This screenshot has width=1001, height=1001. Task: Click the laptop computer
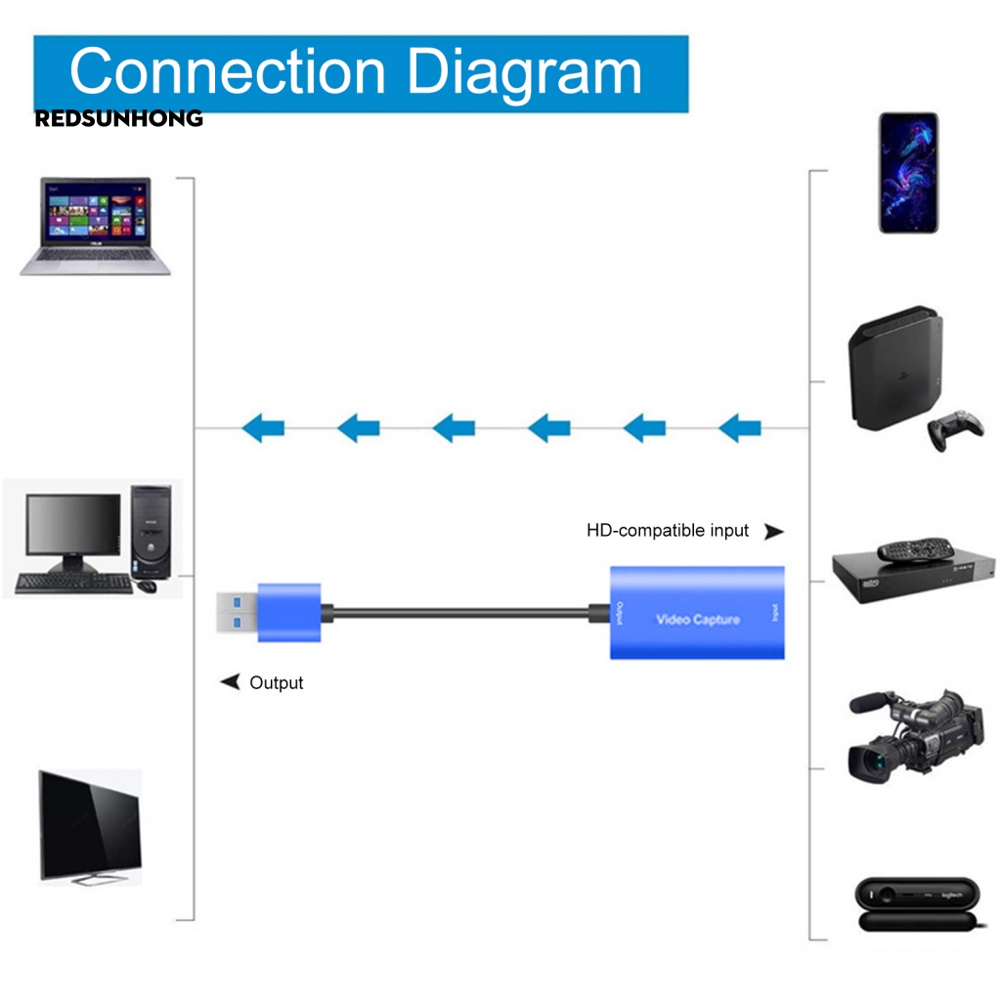[x=96, y=226]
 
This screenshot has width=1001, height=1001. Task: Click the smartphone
[x=908, y=172]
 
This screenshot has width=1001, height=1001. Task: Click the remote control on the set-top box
[x=913, y=548]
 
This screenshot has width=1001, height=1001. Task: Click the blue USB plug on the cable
[x=288, y=613]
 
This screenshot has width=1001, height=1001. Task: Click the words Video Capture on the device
[x=697, y=620]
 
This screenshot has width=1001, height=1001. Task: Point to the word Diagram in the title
[x=524, y=72]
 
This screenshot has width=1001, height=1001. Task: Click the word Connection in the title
[x=229, y=72]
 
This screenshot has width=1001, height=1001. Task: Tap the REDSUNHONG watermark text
[x=118, y=119]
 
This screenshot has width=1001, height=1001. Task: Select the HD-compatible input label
[x=668, y=531]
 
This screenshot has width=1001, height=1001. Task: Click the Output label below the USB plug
[x=277, y=682]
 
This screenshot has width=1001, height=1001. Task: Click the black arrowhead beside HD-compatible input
[x=773, y=532]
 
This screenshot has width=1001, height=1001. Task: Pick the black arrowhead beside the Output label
[x=231, y=681]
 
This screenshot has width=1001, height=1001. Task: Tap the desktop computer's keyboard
[x=72, y=584]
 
